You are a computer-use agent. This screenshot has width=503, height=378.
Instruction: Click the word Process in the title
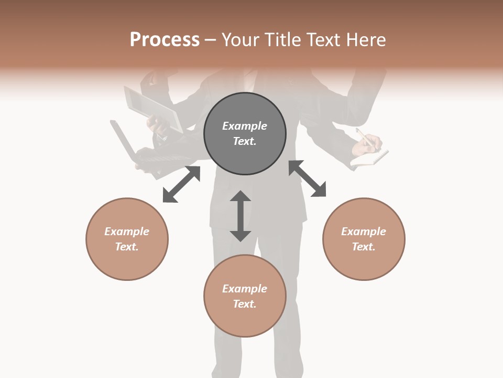(x=165, y=40)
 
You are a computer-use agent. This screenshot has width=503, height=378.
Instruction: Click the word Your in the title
(x=240, y=40)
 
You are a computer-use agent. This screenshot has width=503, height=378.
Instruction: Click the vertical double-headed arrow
(x=240, y=216)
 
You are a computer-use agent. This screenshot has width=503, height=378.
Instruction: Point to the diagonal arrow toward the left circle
(x=181, y=184)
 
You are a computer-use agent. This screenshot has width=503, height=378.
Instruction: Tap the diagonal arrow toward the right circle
(x=307, y=178)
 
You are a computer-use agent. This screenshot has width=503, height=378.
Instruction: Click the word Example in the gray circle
(x=245, y=126)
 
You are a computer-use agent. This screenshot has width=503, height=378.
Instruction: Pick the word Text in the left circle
(x=127, y=247)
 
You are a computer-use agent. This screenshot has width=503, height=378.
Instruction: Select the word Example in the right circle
(x=364, y=232)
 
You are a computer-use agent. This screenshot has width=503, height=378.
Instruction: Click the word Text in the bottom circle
(x=245, y=304)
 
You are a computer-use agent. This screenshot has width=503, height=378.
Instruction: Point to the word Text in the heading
(x=324, y=40)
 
